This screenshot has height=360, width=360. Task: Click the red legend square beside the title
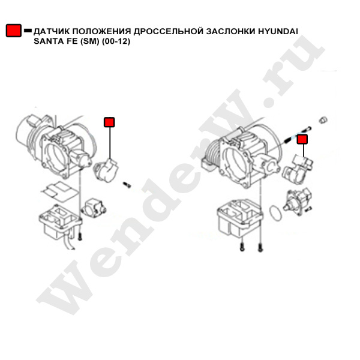click(14, 31)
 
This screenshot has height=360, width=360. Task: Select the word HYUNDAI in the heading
click(278, 31)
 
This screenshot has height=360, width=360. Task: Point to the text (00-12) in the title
click(116, 41)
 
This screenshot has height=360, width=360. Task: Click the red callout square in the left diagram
click(109, 122)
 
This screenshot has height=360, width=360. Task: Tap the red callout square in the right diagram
click(302, 139)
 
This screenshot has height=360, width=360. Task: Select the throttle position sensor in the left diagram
click(106, 170)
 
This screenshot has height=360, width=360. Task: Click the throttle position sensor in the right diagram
click(298, 169)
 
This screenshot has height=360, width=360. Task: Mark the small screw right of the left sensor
click(127, 184)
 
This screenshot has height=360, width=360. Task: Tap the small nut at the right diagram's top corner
click(323, 120)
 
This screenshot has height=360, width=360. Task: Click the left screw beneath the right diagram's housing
click(242, 247)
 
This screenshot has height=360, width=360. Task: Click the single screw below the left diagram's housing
click(80, 236)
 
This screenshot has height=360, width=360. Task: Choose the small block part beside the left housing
click(94, 208)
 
